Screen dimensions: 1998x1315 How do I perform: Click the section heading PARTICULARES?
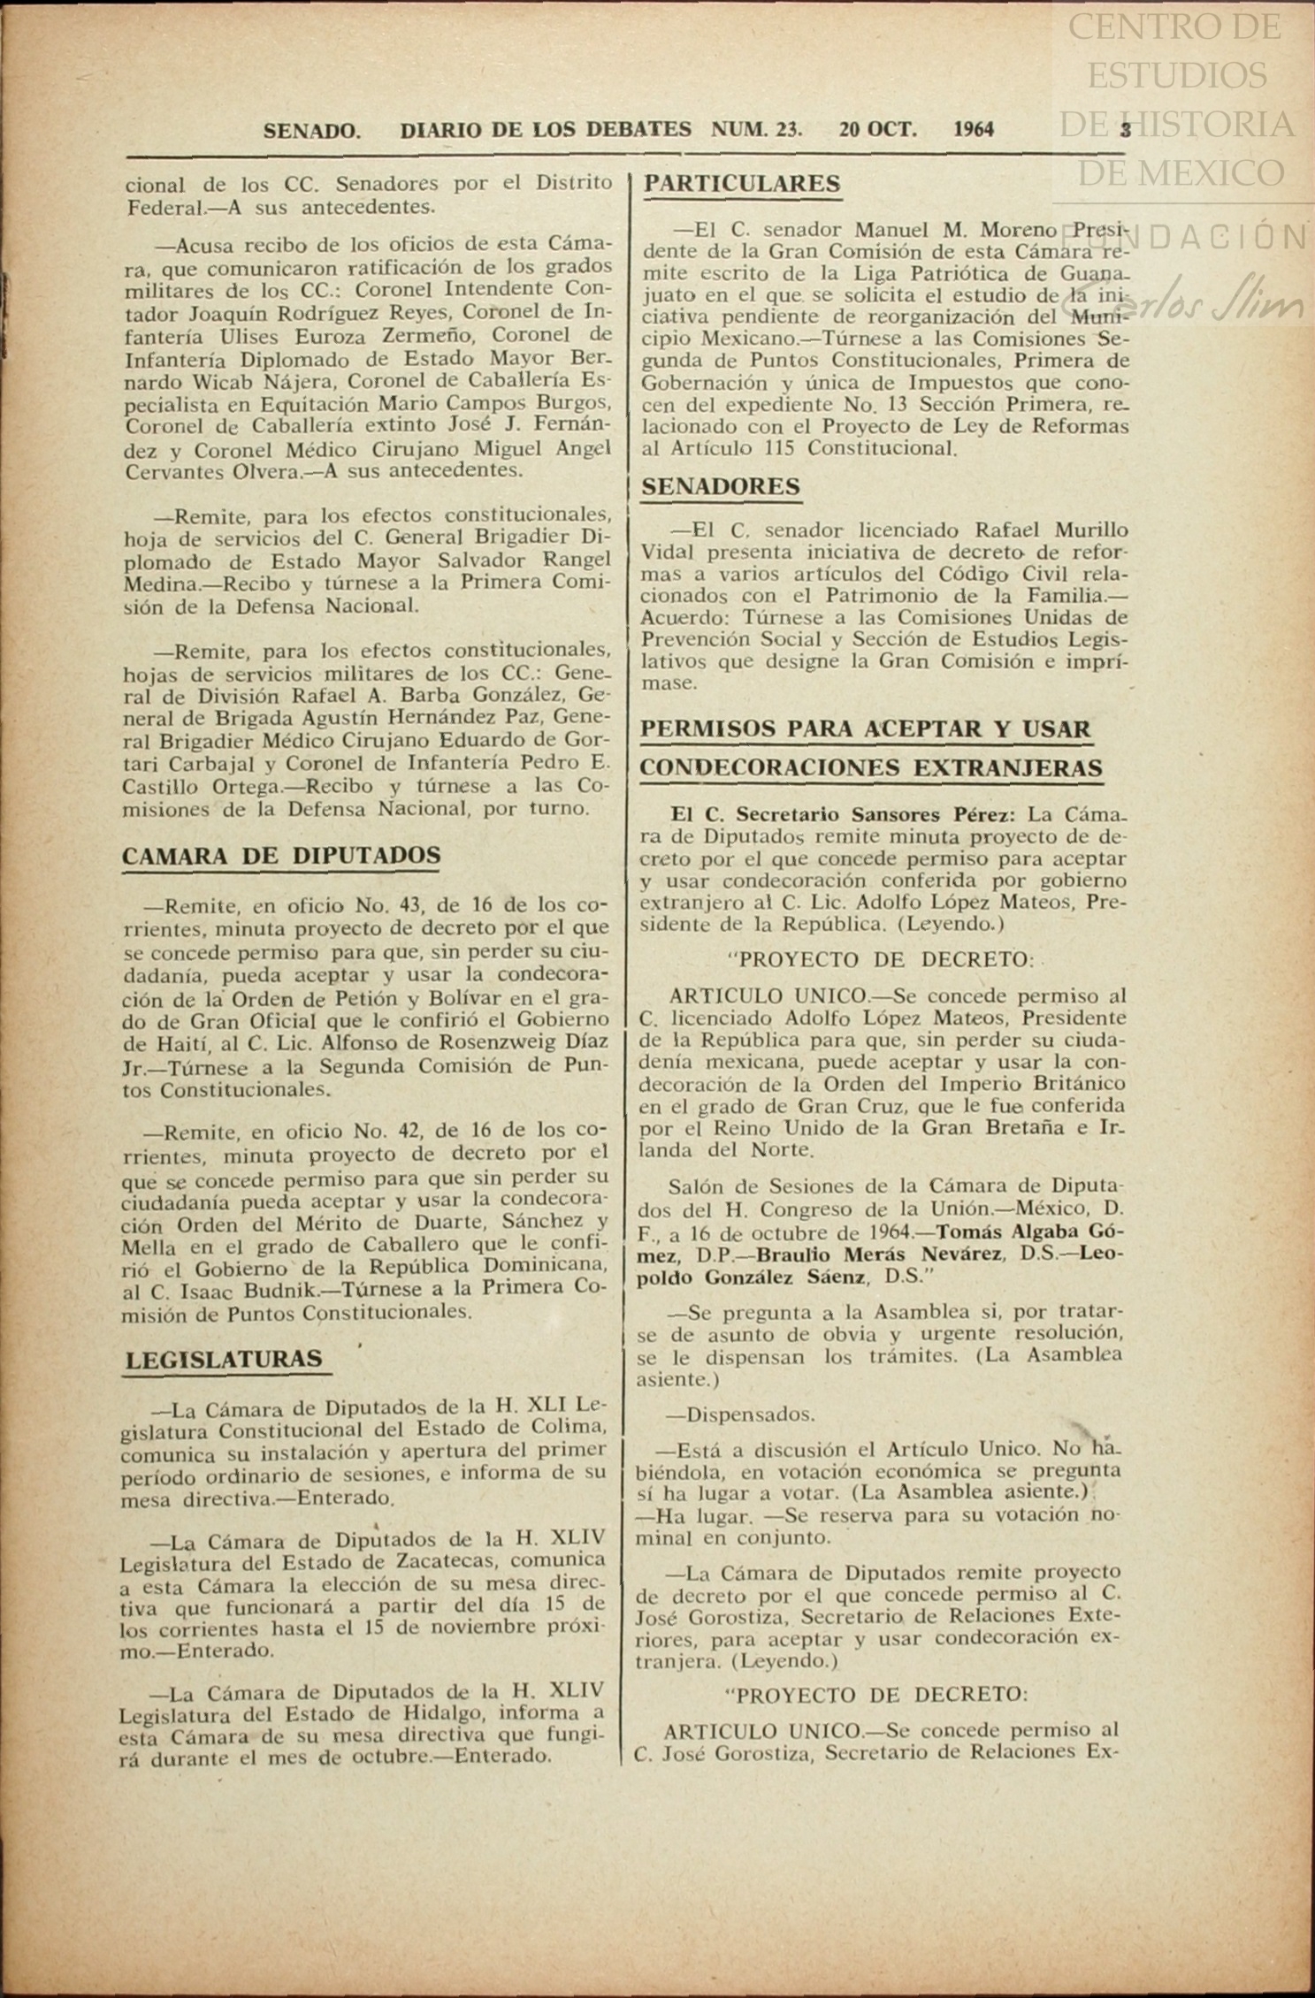pyautogui.click(x=742, y=184)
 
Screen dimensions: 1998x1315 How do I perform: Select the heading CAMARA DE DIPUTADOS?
pyautogui.click(x=281, y=856)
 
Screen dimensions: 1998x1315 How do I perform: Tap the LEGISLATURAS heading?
pyautogui.click(x=224, y=1359)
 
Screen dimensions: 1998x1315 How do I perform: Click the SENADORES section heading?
pyautogui.click(x=721, y=486)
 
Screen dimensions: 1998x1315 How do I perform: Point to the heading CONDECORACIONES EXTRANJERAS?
pyautogui.click(x=871, y=767)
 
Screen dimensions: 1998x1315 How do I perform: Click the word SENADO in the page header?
pyautogui.click(x=311, y=131)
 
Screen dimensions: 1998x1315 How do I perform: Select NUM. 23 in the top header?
pyautogui.click(x=756, y=130)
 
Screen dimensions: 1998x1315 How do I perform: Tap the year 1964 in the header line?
pyautogui.click(x=974, y=130)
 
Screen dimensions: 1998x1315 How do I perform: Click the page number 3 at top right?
pyautogui.click(x=1126, y=130)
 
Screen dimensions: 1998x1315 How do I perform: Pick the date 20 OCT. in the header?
pyautogui.click(x=878, y=130)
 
